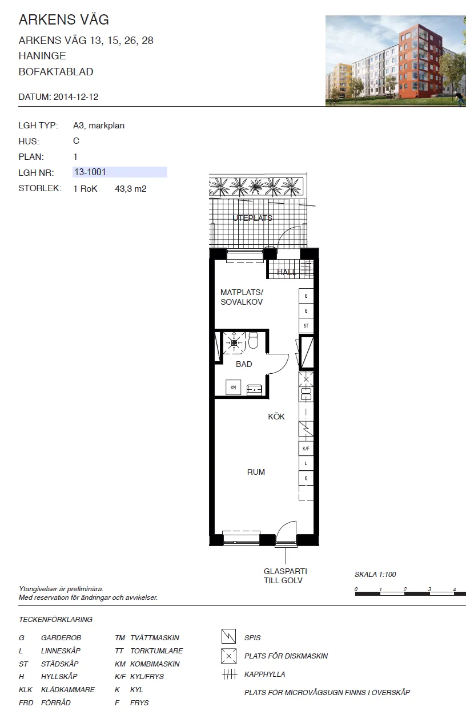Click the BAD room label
click(244, 364)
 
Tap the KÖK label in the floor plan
click(276, 417)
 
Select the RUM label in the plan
click(256, 472)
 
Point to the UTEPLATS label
click(252, 218)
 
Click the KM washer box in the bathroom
click(233, 387)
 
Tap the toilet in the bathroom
click(254, 341)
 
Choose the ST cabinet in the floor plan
click(307, 326)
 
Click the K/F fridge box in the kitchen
click(307, 449)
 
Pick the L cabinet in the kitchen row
click(307, 464)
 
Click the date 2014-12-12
click(76, 97)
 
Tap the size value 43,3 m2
click(131, 188)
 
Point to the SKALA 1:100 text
click(375, 575)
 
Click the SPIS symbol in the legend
click(228, 636)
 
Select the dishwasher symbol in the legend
click(228, 656)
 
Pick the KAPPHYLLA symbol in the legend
click(229, 674)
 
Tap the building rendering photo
click(395, 60)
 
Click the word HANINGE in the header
click(42, 56)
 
